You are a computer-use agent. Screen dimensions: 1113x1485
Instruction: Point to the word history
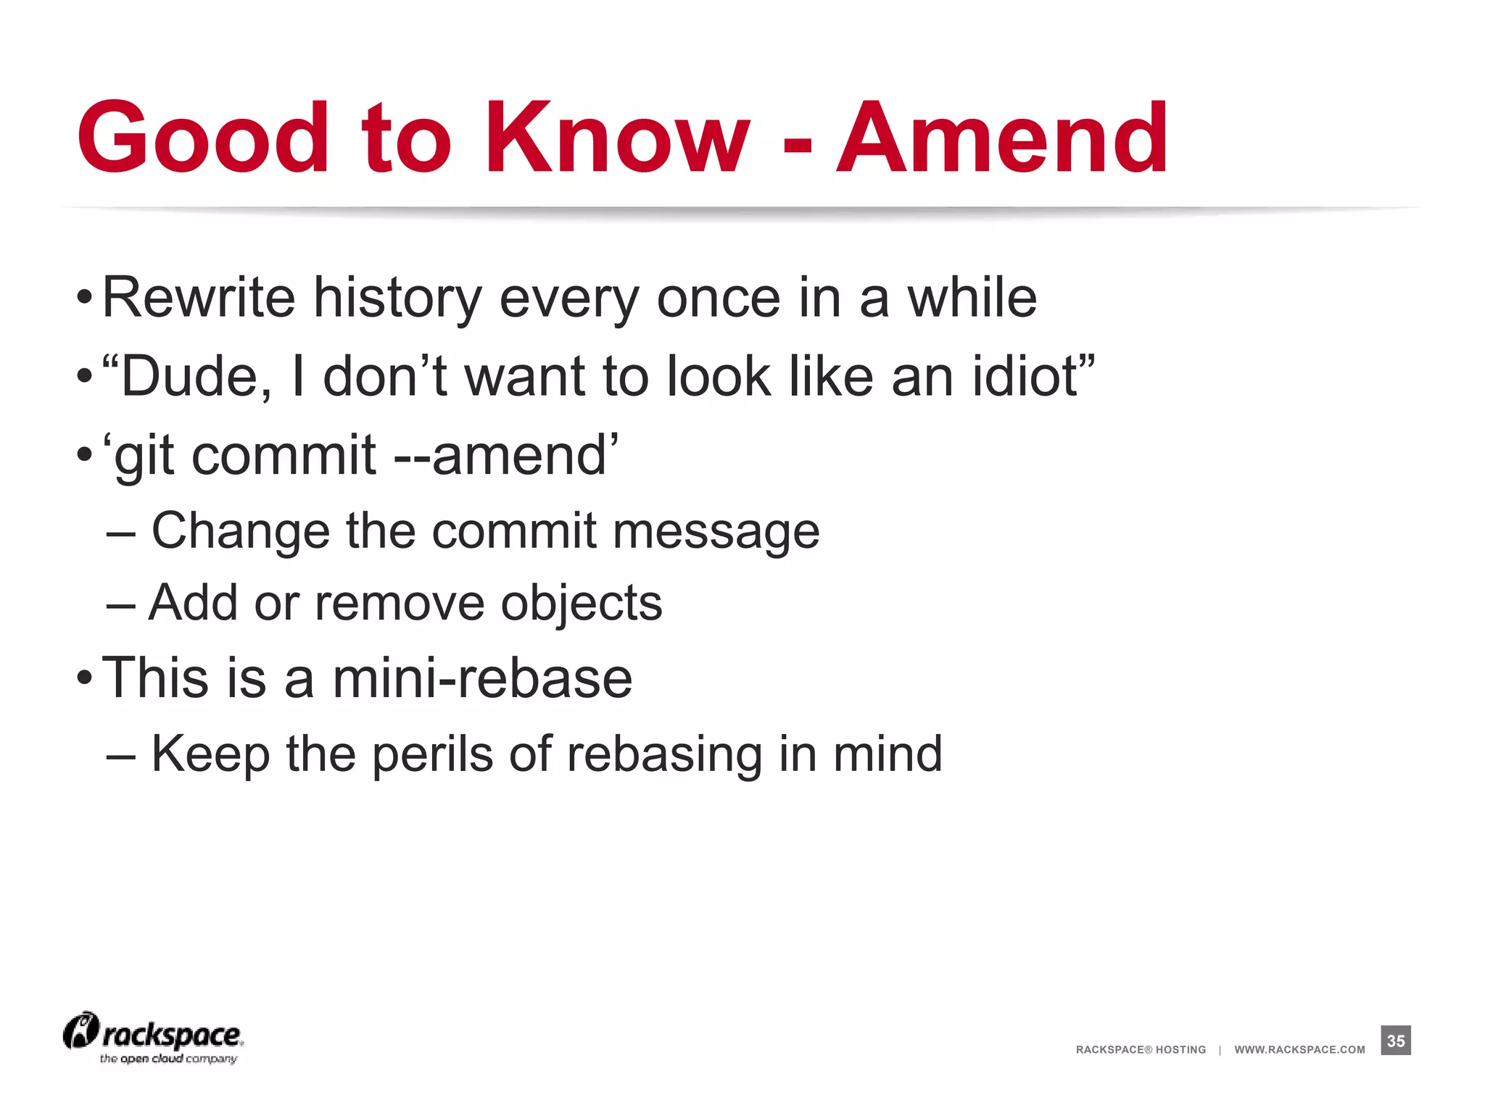tap(397, 299)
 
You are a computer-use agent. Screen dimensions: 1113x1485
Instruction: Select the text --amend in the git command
tap(500, 455)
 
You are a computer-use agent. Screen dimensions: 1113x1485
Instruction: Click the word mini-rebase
tap(482, 678)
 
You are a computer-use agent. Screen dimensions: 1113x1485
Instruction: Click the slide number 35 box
tap(1396, 1041)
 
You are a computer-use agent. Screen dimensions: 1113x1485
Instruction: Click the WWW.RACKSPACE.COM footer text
tap(1299, 1049)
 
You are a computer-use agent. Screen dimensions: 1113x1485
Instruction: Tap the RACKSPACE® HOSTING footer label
tap(1141, 1049)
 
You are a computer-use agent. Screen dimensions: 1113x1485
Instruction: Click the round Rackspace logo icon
tap(80, 1030)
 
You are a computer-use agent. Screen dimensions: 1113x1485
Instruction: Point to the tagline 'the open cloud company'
tap(168, 1059)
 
